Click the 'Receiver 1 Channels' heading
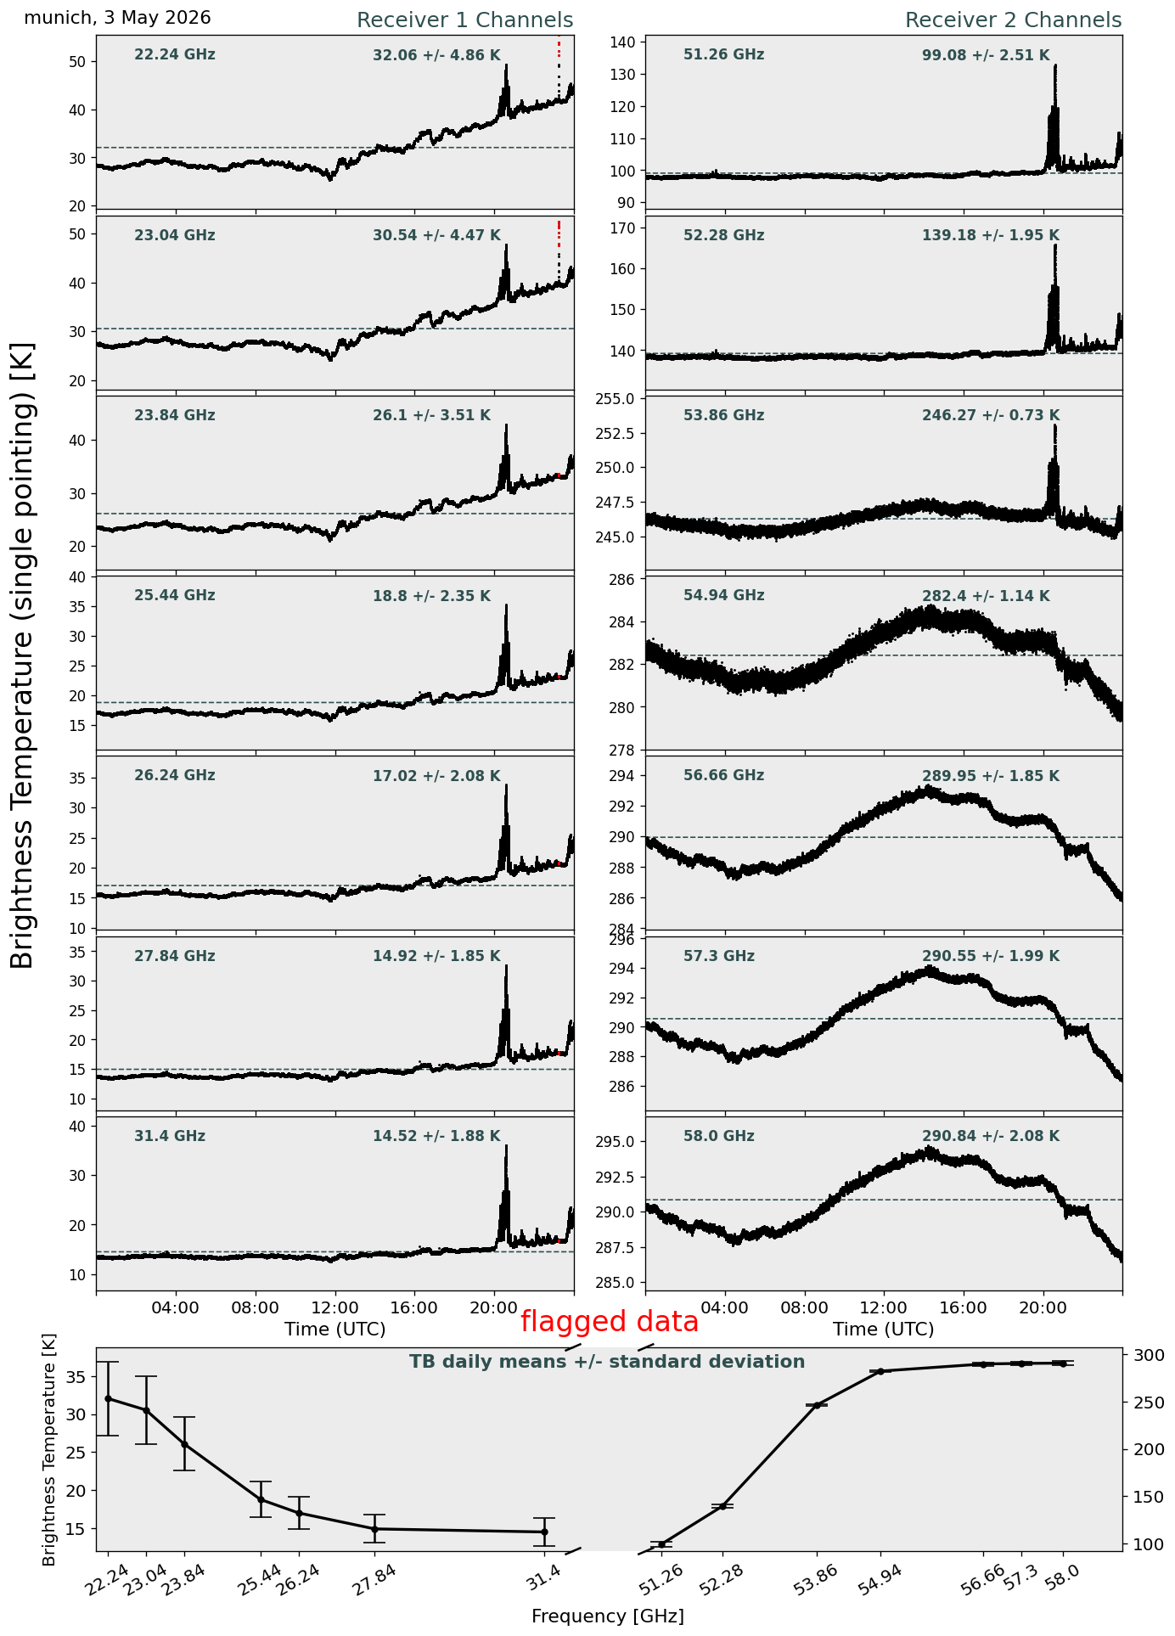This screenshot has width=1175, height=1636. tap(464, 20)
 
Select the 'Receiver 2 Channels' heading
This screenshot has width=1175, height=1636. tap(1013, 20)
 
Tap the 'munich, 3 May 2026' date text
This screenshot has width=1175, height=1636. tap(117, 18)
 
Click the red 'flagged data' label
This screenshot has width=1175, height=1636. tap(610, 1322)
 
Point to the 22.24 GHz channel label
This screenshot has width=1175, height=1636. tap(175, 55)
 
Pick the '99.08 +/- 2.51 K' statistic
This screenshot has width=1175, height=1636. tap(986, 56)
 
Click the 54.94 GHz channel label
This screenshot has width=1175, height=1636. tap(723, 596)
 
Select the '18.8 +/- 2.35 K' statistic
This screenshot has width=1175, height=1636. tap(431, 597)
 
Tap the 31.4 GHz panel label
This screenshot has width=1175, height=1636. tap(170, 1137)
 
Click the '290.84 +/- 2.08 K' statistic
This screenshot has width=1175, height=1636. tap(991, 1137)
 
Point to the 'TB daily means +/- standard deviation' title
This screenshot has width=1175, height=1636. tap(607, 1362)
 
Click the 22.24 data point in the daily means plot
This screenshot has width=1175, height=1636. tap(108, 1398)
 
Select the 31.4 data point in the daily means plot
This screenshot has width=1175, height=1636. tap(544, 1532)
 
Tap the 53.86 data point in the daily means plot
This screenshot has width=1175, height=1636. tap(817, 1405)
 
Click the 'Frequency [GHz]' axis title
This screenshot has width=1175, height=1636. tap(608, 1616)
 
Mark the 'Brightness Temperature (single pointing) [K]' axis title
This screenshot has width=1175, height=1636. tap(23, 655)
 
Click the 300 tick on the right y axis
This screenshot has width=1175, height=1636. tap(1143, 1355)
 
